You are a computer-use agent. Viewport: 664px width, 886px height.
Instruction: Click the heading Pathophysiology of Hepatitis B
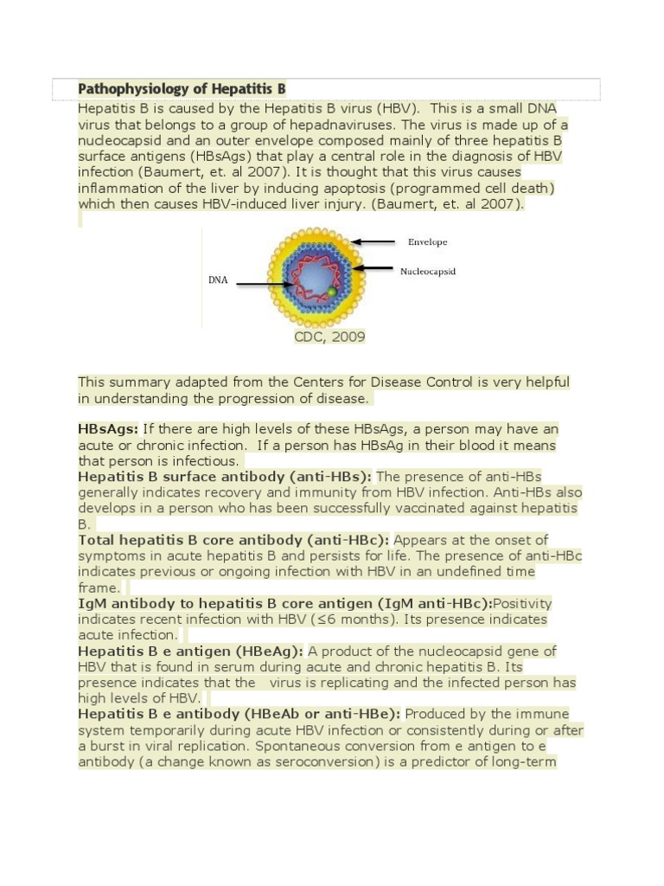coord(182,89)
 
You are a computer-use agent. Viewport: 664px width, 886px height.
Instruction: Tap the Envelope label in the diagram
coord(427,242)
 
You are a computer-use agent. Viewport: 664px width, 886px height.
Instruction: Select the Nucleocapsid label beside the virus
coord(427,271)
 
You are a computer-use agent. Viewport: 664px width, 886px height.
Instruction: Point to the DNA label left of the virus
coord(218,280)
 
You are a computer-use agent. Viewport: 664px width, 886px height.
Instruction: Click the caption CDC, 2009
coord(329,337)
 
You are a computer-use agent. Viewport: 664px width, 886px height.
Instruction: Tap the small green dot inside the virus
coord(330,293)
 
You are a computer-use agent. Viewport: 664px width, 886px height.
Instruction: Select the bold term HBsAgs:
coord(108,429)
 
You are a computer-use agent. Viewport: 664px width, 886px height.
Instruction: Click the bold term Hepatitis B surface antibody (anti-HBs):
coord(225,477)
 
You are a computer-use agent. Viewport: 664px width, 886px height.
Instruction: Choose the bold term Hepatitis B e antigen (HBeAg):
coord(190,651)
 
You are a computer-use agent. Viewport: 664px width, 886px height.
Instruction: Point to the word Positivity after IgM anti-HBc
coord(522,603)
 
